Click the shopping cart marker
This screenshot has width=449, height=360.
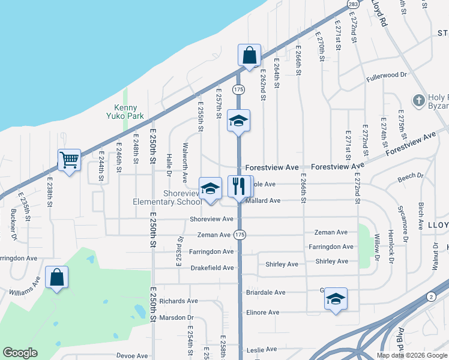click(x=70, y=160)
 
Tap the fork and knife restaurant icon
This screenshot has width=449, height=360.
click(x=238, y=186)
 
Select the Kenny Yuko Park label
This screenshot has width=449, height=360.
click(x=126, y=112)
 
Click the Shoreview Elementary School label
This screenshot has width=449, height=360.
click(x=167, y=197)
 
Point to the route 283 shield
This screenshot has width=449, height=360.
click(x=353, y=4)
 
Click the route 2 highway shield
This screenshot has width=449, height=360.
click(x=430, y=296)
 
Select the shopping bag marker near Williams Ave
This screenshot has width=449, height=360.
click(x=56, y=277)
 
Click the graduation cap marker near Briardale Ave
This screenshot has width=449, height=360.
click(x=336, y=298)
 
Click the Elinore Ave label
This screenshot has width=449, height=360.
click(x=263, y=313)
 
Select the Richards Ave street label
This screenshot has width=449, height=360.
click(x=178, y=301)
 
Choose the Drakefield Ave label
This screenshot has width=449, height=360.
click(x=212, y=268)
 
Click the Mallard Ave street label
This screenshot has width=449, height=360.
click(x=263, y=200)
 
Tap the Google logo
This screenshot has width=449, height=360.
click(x=20, y=353)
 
